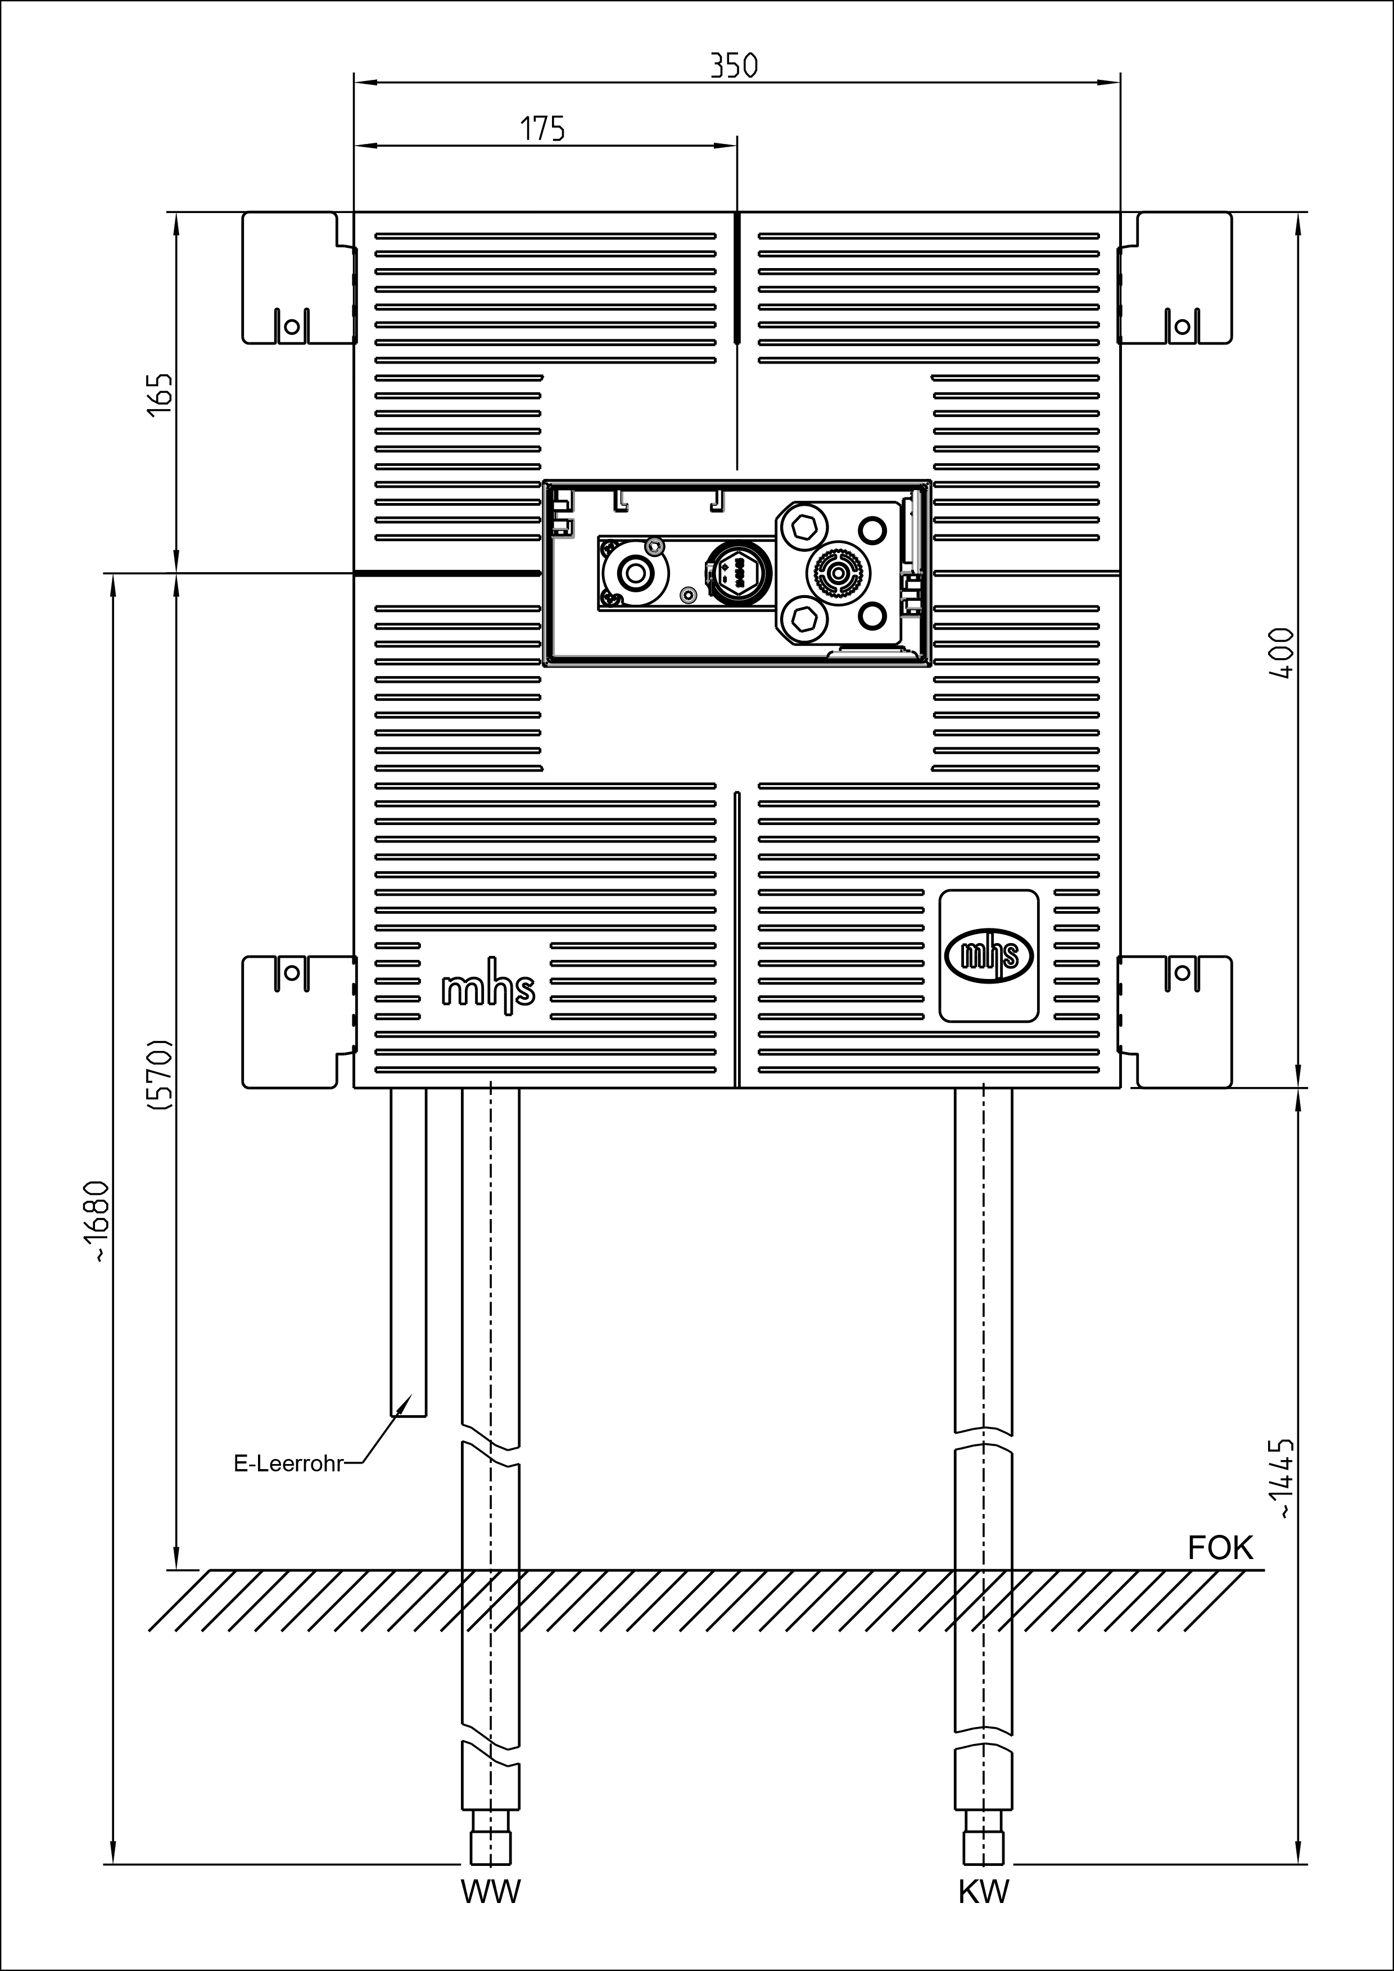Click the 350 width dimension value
pos(735,66)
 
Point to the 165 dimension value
pos(161,395)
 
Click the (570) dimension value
pos(161,1076)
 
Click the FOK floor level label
pos(1220,1548)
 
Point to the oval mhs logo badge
pos(989,955)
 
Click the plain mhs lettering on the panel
pos(487,991)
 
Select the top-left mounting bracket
pos(298,278)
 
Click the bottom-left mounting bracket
pos(298,1022)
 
